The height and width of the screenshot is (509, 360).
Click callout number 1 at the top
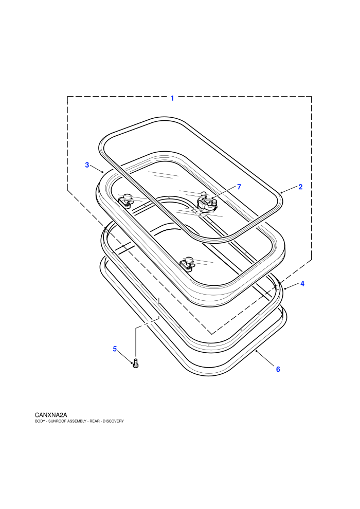coord(172,98)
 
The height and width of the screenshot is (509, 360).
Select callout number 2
coord(300,187)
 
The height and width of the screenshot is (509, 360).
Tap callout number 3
coord(87,165)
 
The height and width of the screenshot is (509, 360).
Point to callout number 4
coord(302,283)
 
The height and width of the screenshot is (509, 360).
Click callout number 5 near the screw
coord(115,349)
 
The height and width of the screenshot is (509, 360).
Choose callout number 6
coord(278,369)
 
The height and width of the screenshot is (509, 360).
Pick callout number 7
coord(239,187)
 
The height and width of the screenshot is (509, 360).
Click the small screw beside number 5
coord(136,363)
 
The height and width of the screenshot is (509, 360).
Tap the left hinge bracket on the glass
coord(125,201)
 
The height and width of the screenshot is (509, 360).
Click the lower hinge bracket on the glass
coord(188,264)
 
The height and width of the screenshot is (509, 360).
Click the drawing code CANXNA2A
coord(51,415)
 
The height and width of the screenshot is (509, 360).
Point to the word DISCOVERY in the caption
coord(113,421)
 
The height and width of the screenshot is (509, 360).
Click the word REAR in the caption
coord(95,421)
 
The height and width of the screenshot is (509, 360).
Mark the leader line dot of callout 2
coord(281,192)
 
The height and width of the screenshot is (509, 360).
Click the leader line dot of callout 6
coord(257,351)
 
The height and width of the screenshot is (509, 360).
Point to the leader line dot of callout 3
coord(102,172)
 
